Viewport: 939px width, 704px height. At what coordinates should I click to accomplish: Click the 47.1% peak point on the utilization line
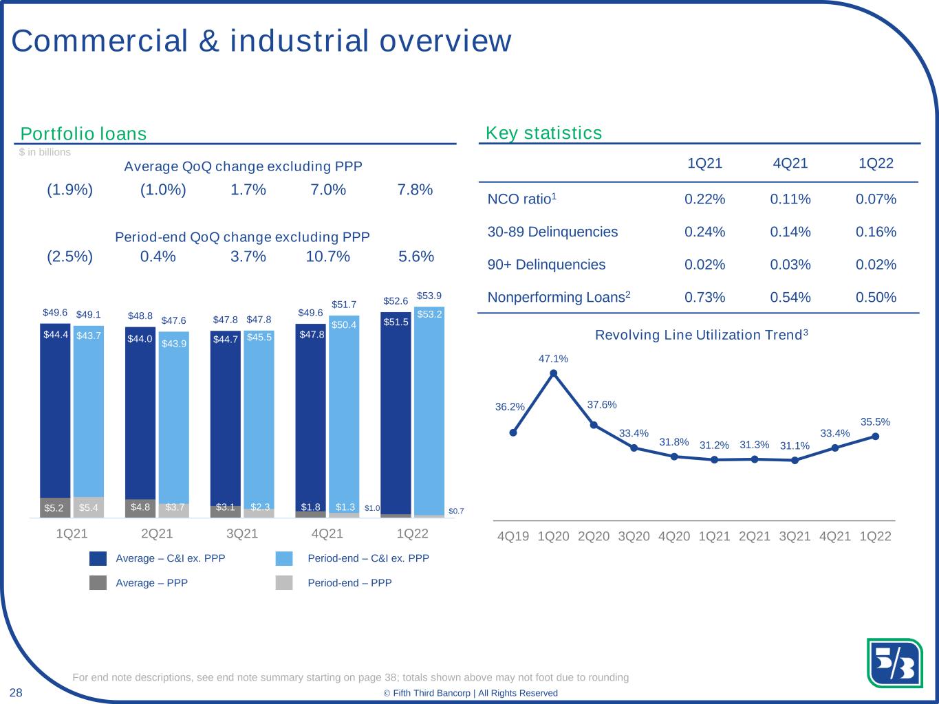553,373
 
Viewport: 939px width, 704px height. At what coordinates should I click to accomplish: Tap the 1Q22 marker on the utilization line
875,437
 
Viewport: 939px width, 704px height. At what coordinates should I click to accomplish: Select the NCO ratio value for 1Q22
876,199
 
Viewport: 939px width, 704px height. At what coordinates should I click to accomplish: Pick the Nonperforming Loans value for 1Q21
704,297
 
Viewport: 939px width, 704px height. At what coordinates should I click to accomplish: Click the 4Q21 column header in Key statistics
790,164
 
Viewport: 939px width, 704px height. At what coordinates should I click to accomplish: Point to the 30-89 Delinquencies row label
552,232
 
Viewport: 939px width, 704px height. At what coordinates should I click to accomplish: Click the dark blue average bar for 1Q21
55,410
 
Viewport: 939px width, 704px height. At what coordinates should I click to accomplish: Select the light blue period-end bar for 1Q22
429,410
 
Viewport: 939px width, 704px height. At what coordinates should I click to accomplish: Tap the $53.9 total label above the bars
429,296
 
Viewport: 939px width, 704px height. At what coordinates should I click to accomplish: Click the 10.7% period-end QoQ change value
327,256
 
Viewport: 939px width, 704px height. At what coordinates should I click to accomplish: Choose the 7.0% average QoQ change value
328,189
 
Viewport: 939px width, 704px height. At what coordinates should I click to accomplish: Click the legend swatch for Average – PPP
98,583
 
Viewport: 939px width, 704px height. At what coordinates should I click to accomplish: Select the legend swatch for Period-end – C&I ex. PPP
284,558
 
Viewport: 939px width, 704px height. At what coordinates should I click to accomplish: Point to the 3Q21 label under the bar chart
242,533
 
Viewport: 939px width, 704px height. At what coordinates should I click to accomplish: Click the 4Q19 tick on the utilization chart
513,536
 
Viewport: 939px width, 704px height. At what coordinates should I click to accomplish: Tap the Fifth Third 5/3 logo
894,663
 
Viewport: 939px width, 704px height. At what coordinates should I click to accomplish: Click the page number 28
16,692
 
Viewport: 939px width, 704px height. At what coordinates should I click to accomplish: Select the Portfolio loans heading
83,134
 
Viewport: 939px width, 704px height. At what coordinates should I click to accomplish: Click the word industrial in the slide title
299,41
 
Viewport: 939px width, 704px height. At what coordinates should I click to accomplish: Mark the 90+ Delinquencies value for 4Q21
790,265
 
